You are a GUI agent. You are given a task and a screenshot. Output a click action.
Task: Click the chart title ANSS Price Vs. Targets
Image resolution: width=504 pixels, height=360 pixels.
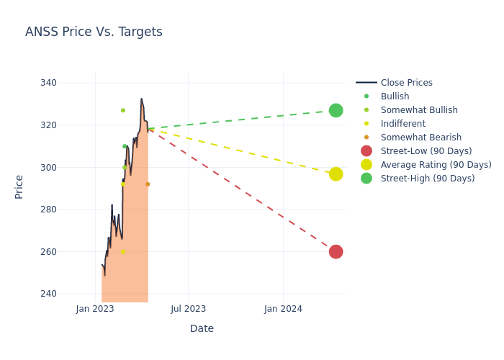point(94,32)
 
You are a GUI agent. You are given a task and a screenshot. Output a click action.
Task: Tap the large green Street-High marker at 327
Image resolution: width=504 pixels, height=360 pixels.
point(336,110)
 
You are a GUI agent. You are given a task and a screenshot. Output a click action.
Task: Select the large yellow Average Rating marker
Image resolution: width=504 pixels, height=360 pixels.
point(336,174)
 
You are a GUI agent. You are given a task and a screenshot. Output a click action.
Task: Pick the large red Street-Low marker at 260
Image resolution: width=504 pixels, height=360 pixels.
point(336,251)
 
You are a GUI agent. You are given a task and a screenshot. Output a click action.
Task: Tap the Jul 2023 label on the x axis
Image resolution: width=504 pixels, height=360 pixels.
point(189,309)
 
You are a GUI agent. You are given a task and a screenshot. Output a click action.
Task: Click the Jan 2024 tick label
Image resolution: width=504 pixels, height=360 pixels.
point(283,309)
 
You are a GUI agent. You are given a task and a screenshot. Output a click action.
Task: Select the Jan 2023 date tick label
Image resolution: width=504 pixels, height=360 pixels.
point(95,309)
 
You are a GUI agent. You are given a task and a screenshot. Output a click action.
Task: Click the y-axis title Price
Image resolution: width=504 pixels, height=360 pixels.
point(19,186)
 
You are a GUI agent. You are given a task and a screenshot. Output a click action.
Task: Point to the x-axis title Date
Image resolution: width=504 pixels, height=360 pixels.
point(202,328)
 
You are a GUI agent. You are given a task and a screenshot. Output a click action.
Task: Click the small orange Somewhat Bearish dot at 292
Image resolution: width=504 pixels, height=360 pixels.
point(148,184)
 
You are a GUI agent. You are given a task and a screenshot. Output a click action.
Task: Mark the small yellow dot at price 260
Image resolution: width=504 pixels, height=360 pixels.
point(122,251)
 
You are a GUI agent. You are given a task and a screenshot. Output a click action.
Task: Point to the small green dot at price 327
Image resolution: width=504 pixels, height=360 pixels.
point(122,110)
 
